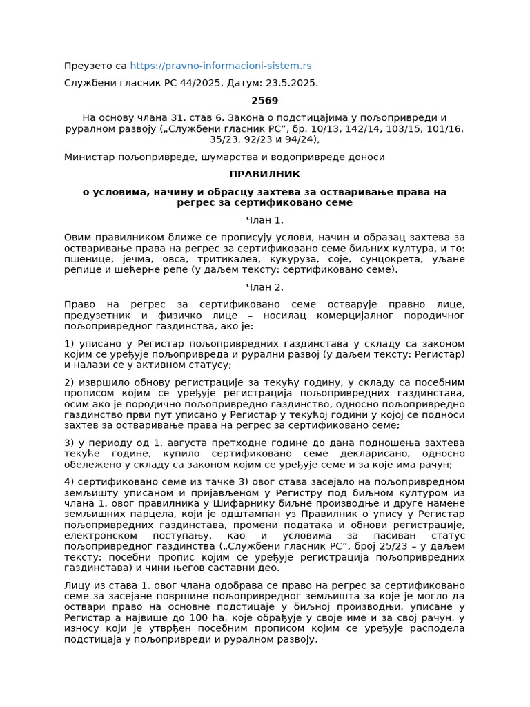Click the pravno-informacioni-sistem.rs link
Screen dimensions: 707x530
tap(220, 66)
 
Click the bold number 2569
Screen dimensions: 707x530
tap(264, 101)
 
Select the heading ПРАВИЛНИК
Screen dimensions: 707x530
tap(264, 174)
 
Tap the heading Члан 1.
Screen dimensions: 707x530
tap(264, 220)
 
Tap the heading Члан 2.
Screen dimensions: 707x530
tap(264, 287)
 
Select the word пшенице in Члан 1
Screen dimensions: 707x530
tap(87, 259)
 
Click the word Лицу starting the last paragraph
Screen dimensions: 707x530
tap(77, 585)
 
